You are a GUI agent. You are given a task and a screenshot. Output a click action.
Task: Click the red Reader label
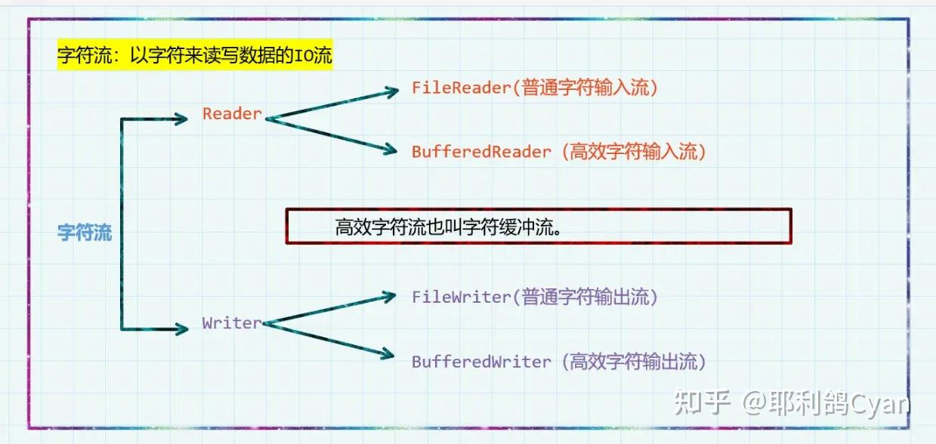click(232, 114)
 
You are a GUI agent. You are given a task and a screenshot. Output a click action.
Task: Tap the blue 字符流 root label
click(85, 233)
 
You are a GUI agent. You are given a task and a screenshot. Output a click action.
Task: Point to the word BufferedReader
click(481, 152)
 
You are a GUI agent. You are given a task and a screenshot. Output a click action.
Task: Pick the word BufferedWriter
click(481, 362)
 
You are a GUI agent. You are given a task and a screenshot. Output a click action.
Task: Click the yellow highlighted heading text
click(195, 57)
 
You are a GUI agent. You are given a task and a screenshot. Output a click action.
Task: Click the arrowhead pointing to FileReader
click(391, 91)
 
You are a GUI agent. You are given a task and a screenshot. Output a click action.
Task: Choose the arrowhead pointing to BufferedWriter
click(390, 353)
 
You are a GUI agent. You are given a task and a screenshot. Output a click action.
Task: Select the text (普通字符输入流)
click(585, 88)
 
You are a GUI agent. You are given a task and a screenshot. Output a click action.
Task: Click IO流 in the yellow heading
click(315, 57)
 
